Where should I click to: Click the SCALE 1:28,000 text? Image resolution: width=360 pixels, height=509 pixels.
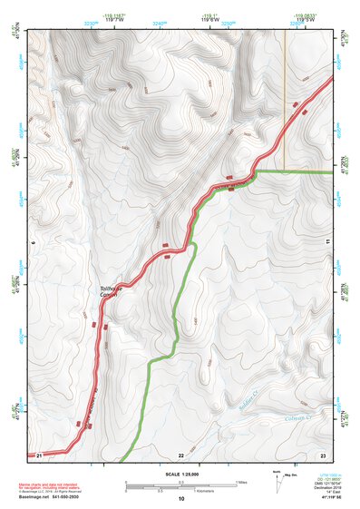180,475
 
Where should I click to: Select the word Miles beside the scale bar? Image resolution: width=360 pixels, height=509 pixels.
243,482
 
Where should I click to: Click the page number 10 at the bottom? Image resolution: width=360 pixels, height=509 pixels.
180,499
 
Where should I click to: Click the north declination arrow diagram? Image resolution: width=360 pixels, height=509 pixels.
276,481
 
